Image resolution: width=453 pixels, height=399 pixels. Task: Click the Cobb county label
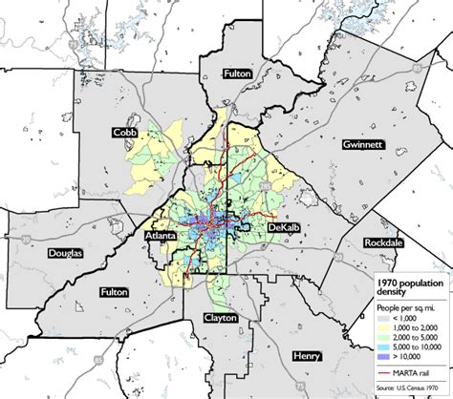click(123, 132)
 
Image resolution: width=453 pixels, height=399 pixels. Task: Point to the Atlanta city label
click(161, 233)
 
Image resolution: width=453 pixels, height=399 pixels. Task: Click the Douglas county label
click(65, 253)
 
